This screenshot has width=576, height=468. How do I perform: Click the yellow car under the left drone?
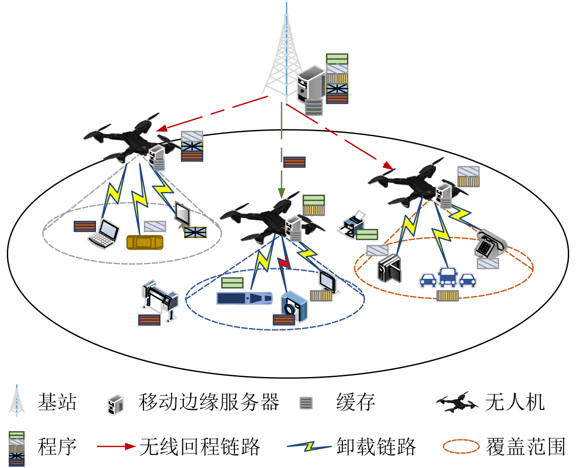coord(144,242)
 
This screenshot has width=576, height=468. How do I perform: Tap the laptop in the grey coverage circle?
coord(104,234)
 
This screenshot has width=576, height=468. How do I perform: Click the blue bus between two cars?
coord(448,277)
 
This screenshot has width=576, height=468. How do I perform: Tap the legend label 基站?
coord(57,402)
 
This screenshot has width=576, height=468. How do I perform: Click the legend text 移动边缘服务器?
coord(208,402)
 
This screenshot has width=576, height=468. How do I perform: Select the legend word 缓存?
coord(356,402)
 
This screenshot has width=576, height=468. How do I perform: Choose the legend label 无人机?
coord(515,402)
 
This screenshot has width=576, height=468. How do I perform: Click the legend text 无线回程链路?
coord(200,447)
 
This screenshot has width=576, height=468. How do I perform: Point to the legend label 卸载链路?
coord(376,447)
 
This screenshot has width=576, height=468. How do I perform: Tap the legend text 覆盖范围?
coord(526,447)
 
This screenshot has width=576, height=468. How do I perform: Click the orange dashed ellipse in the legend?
coord(461,447)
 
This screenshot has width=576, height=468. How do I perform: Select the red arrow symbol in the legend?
coord(116,447)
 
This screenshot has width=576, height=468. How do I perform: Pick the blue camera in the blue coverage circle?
coord(293,307)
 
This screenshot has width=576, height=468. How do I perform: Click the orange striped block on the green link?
coord(294,162)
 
